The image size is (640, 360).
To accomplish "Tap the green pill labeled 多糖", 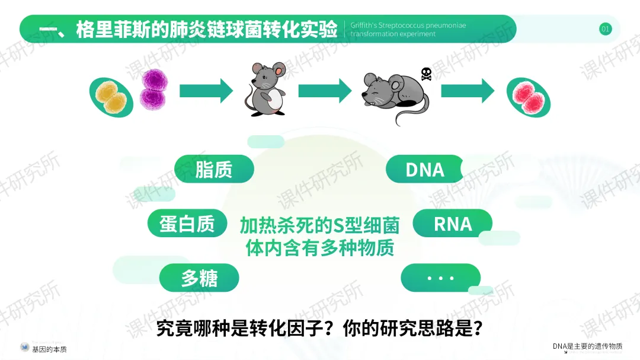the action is (x=199, y=278).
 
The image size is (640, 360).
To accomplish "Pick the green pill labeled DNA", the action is (x=424, y=170).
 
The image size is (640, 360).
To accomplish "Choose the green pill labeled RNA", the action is (x=453, y=224).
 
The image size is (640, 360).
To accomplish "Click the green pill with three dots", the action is (x=440, y=278).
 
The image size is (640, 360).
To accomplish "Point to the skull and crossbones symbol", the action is (x=426, y=75).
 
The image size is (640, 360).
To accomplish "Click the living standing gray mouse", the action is (x=264, y=90).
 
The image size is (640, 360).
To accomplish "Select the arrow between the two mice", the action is (x=325, y=91).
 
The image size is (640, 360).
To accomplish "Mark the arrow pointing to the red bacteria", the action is (x=467, y=91).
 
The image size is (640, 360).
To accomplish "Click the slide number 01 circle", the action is (x=605, y=29).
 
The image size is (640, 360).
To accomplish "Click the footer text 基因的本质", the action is (x=49, y=349).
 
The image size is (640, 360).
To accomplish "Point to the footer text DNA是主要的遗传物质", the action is (x=587, y=346).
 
